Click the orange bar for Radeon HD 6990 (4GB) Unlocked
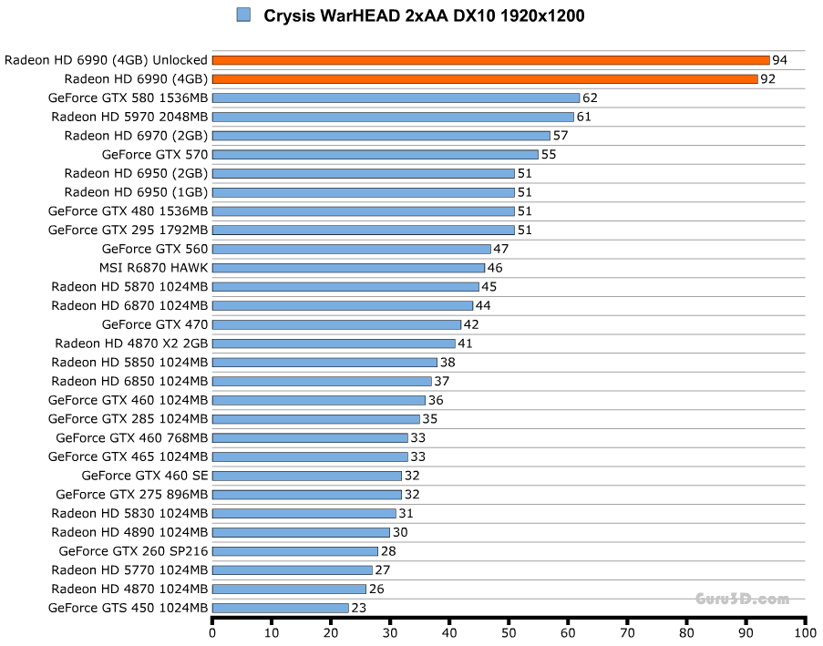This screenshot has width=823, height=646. (490, 60)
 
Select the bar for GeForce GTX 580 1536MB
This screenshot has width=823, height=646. (396, 97)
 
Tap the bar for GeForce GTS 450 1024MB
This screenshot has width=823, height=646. (280, 608)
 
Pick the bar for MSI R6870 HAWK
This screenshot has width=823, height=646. (348, 268)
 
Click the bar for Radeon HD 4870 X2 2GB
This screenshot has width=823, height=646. (334, 344)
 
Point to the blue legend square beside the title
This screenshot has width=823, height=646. (243, 15)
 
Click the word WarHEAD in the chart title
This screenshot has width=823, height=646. (358, 15)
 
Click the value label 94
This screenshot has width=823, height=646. (779, 60)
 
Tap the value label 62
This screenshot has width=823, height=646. (590, 97)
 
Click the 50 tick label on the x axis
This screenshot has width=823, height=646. (508, 632)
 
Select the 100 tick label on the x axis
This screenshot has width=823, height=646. (805, 632)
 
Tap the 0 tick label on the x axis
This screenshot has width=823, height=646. (212, 632)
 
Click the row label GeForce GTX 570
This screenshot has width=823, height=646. (155, 155)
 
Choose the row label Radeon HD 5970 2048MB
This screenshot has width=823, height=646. (129, 117)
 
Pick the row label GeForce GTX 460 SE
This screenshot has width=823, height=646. (145, 476)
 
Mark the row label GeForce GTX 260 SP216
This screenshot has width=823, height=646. (133, 551)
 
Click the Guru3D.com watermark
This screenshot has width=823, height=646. (741, 599)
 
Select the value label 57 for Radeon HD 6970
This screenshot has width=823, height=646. (560, 136)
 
